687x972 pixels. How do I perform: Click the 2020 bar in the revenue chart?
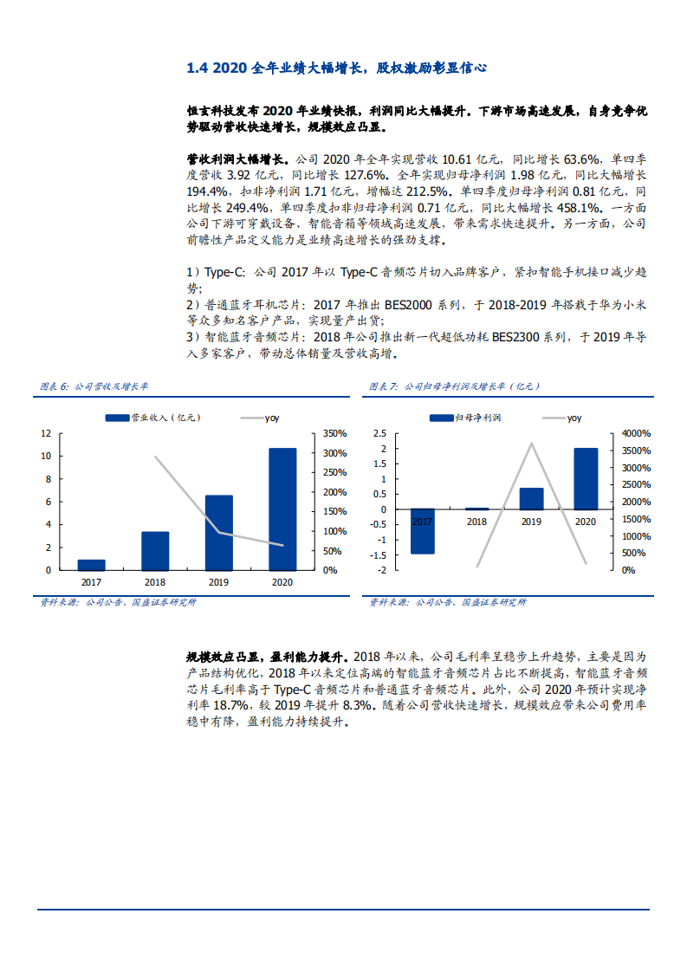coord(282,509)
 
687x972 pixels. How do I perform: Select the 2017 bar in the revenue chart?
coord(91,565)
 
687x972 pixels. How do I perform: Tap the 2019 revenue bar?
coord(218,532)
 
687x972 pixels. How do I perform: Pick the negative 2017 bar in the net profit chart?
coord(422,531)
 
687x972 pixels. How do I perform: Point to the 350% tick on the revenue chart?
coord(335,433)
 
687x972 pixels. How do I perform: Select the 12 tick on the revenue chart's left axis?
coord(46,433)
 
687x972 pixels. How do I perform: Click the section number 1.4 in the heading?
coord(198,68)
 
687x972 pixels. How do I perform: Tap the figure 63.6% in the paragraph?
coord(582,159)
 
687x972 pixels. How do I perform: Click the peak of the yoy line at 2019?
coord(531,444)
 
